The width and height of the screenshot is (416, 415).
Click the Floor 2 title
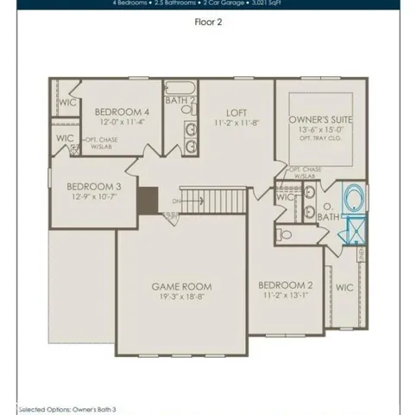[x=207, y=24]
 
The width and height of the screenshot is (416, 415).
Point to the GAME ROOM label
[x=182, y=286]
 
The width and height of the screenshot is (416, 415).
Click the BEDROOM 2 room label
[x=285, y=284]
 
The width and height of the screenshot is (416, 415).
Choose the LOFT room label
[x=237, y=112]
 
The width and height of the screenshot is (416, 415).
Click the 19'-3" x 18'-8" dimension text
[x=182, y=297]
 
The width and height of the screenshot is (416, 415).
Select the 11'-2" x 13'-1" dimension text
[x=285, y=295]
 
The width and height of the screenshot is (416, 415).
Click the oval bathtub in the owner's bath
[x=354, y=201]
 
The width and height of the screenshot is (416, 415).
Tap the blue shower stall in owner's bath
[x=354, y=231]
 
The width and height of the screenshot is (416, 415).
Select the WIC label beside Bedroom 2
[x=344, y=287]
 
